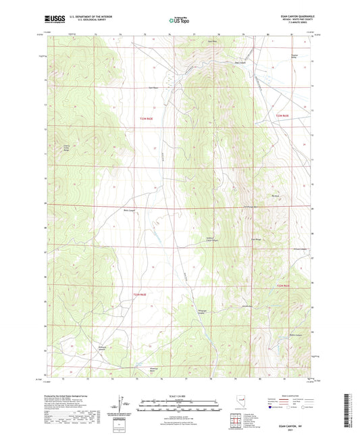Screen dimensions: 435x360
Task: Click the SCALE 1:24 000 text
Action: pos(180,395)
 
